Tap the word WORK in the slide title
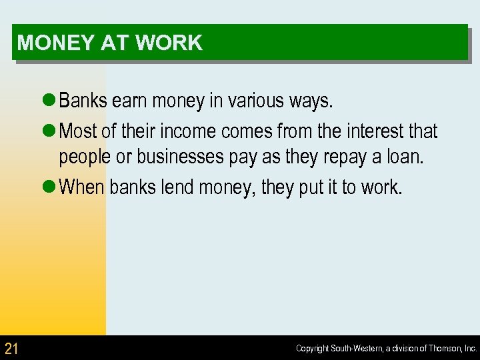point(169,43)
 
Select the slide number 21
point(11,348)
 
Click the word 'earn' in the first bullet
point(130,101)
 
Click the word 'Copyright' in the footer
point(313,349)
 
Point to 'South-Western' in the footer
point(354,349)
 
